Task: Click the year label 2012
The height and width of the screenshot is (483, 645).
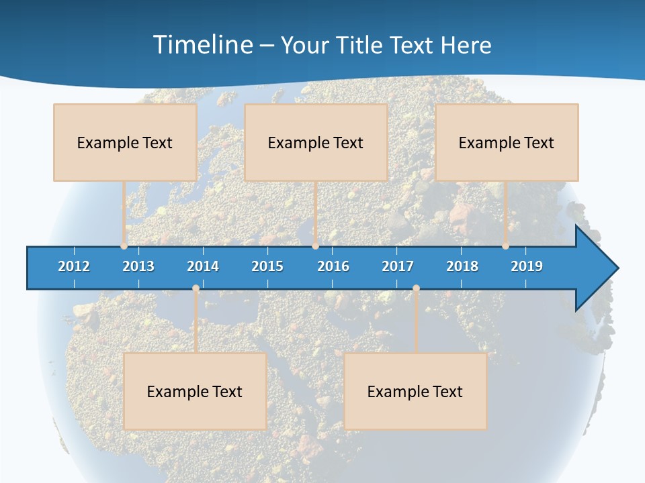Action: pyautogui.click(x=74, y=266)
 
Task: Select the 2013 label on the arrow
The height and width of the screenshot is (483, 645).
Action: pyautogui.click(x=138, y=266)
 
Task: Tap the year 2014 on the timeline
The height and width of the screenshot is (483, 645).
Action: pyautogui.click(x=203, y=266)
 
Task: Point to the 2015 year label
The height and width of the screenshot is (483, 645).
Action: pyautogui.click(x=267, y=266)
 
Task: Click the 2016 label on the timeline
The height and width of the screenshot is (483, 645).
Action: pyautogui.click(x=333, y=266)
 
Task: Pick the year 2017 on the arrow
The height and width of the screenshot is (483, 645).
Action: pyautogui.click(x=398, y=266)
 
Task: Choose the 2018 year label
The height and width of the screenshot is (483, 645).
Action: pyautogui.click(x=462, y=266)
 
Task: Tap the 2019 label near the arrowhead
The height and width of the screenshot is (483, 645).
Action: pyautogui.click(x=527, y=266)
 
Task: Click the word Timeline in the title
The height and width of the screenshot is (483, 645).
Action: pyautogui.click(x=202, y=45)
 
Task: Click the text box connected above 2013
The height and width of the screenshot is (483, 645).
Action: pyautogui.click(x=125, y=142)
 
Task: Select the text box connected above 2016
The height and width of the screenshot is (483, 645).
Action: pyautogui.click(x=316, y=142)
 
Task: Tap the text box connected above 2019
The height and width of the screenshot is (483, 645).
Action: pyautogui.click(x=507, y=142)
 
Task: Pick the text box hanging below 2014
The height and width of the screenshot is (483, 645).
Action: pyautogui.click(x=195, y=391)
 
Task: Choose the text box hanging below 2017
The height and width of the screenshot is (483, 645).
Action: pyautogui.click(x=415, y=391)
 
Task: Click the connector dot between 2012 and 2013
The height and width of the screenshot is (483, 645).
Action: pyautogui.click(x=124, y=246)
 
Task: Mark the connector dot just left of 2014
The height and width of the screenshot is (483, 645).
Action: pyautogui.click(x=196, y=288)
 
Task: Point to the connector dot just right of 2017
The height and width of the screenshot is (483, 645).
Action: pyautogui.click(x=416, y=288)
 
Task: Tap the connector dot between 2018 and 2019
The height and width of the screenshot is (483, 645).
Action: pyautogui.click(x=505, y=246)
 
